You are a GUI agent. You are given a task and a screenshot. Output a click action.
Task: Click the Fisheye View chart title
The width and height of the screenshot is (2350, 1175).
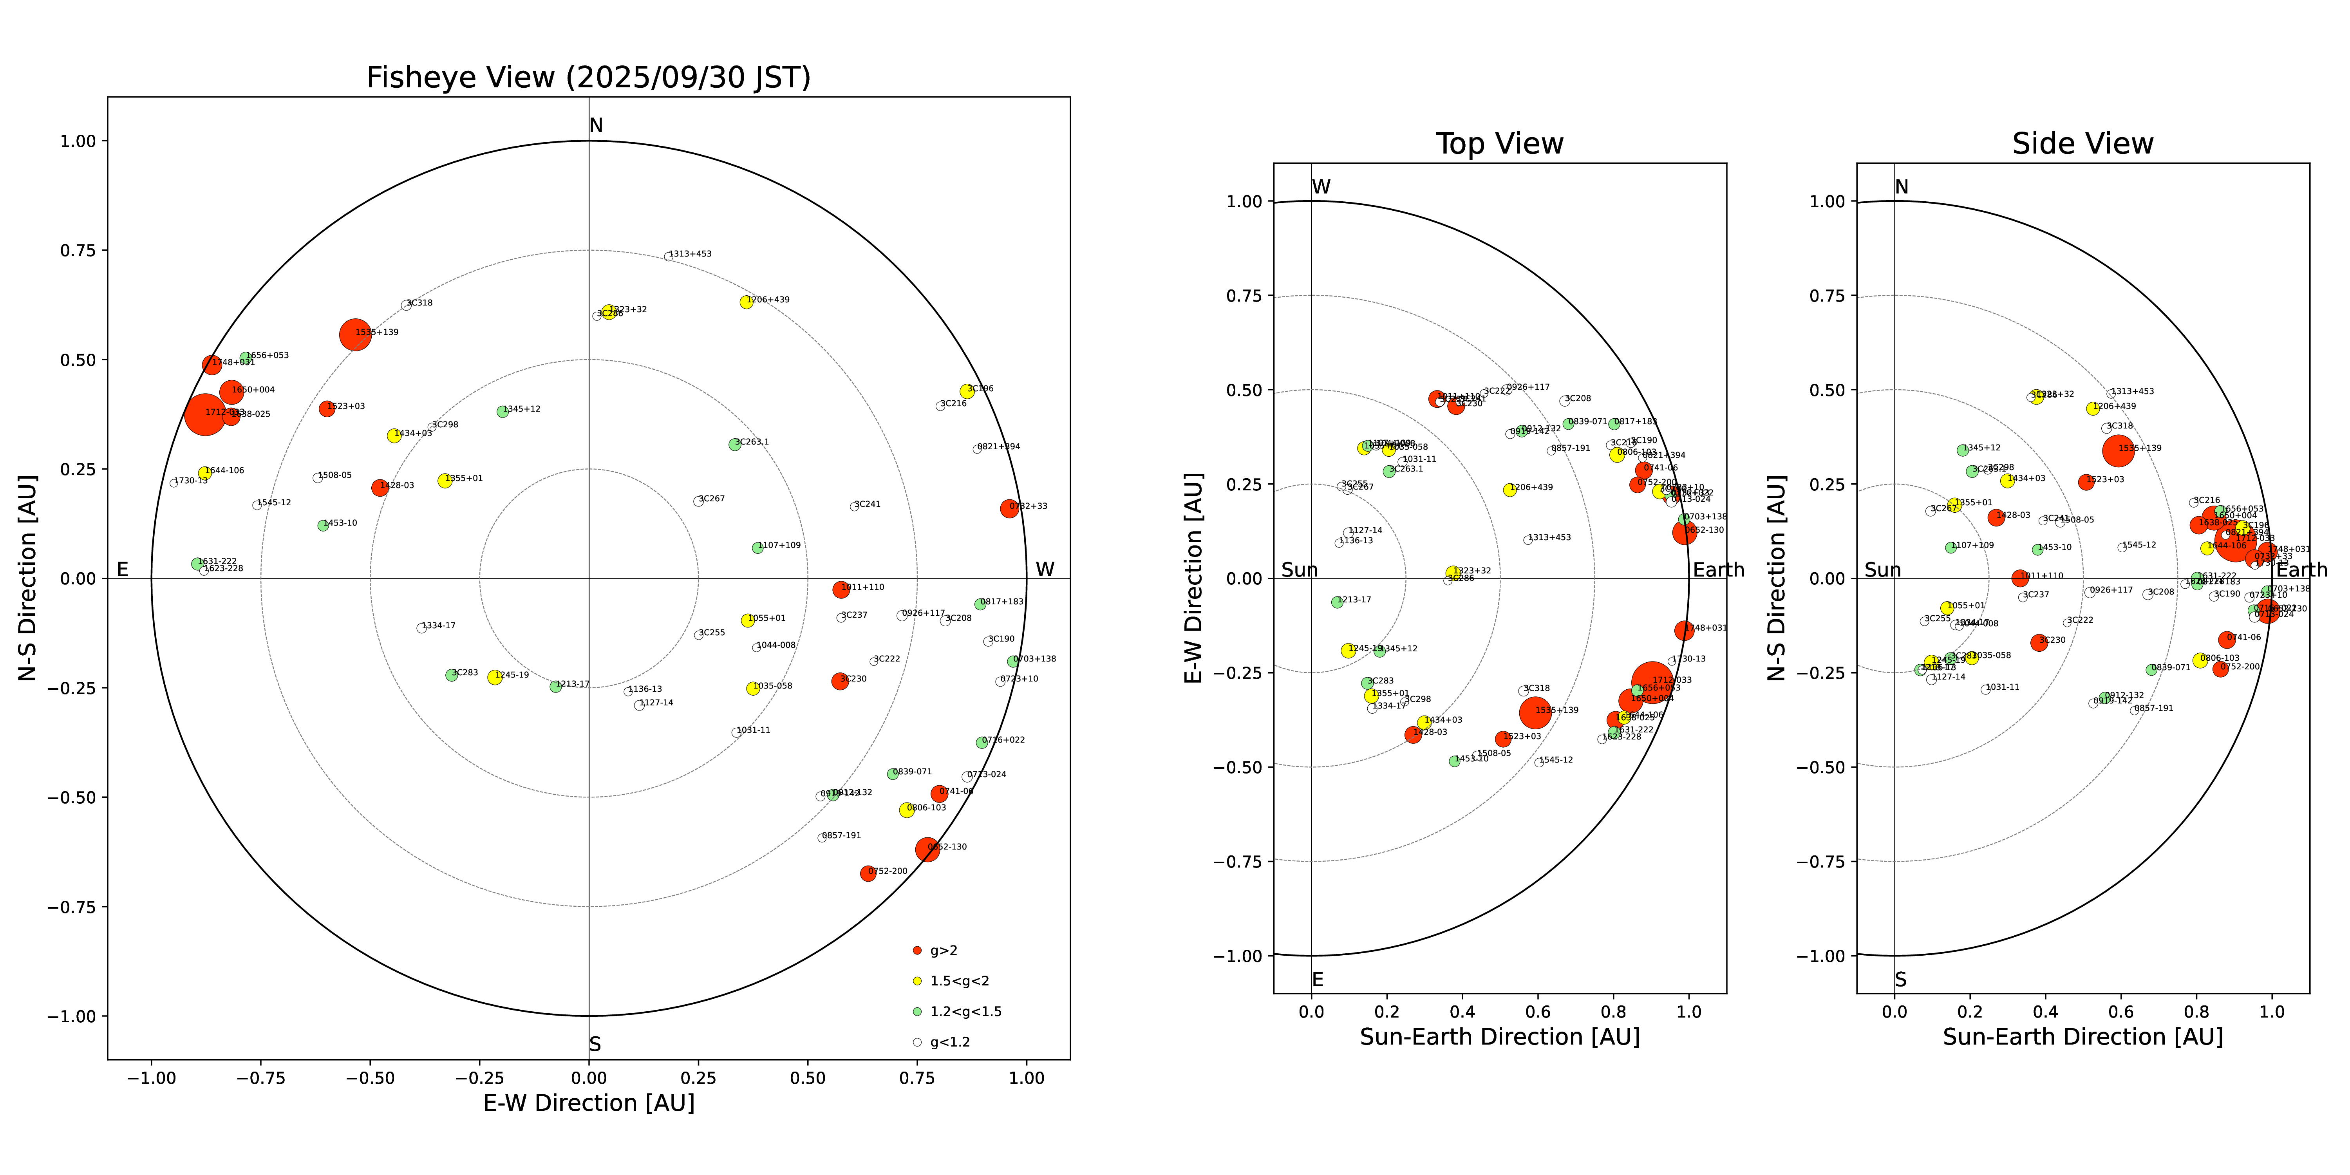[x=588, y=78]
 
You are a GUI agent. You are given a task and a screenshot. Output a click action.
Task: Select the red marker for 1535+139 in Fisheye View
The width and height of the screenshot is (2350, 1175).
[x=355, y=335]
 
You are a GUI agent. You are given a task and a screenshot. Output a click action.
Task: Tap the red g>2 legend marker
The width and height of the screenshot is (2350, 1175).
[x=917, y=951]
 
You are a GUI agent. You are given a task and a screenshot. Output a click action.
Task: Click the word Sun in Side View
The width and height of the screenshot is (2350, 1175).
[x=1883, y=570]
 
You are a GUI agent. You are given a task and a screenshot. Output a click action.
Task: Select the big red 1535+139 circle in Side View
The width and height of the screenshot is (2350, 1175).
[x=2118, y=450]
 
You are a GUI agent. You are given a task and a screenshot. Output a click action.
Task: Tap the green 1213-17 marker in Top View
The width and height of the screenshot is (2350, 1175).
[x=1338, y=602]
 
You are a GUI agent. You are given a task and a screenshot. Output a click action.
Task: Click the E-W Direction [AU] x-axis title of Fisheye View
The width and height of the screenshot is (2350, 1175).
[x=588, y=1103]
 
